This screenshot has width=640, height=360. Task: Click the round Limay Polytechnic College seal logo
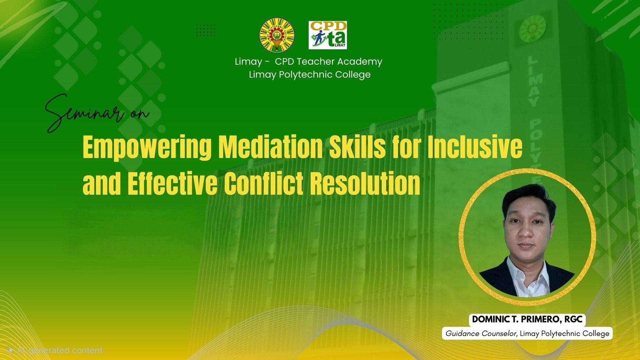[277, 36]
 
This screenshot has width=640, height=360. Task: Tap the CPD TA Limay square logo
[328, 35]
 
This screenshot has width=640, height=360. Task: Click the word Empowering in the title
[147, 148]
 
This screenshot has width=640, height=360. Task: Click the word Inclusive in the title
[474, 147]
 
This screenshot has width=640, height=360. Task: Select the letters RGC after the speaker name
[574, 319]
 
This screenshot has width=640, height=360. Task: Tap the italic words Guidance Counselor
[481, 334]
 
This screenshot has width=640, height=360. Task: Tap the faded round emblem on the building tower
[532, 29]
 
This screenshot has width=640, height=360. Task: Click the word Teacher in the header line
[316, 62]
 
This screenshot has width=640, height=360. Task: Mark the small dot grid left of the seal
[206, 30]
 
